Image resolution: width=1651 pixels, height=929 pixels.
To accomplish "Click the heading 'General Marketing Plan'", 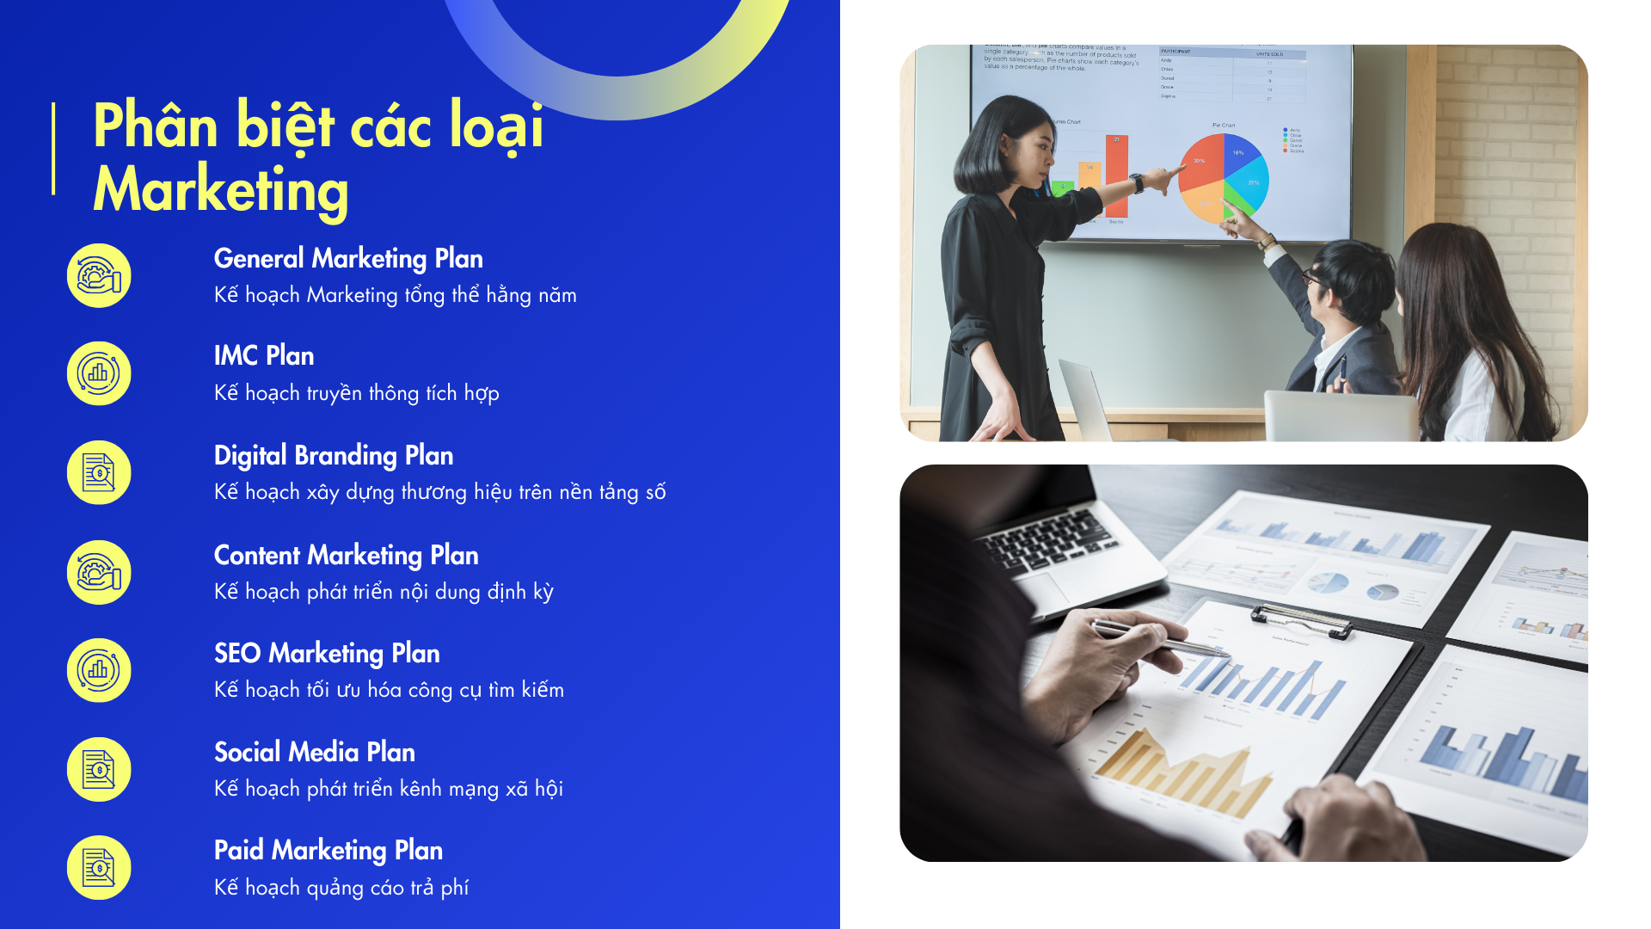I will coord(348,258).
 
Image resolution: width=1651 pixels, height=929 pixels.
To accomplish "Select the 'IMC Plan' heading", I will coord(264,356).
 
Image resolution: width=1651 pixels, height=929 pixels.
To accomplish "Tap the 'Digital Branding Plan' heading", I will coord(334,455).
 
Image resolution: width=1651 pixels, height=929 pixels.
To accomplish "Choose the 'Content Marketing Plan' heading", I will coord(346,555).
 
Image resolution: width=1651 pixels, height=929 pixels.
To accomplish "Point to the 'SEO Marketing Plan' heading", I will coord(327,654).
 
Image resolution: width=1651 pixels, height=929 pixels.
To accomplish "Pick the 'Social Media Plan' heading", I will coord(315,753).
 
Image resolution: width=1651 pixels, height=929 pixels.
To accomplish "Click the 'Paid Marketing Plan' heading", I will coord(328,851).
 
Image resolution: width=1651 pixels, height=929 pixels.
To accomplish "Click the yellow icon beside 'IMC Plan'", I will coord(99,373).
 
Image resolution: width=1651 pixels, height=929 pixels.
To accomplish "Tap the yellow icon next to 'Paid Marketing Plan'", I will coord(99,868).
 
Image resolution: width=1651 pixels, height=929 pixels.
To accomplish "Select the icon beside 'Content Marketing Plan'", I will coord(99,572).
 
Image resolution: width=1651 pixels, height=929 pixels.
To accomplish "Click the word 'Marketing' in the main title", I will coord(221,191).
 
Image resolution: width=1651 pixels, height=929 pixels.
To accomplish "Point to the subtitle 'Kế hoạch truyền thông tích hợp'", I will coord(357,393).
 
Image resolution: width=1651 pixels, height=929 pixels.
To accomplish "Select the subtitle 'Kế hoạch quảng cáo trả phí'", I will coord(341,888).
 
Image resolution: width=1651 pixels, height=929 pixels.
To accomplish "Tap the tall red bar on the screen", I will coord(1116,175).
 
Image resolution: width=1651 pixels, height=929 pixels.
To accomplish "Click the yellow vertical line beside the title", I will coord(53,149).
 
